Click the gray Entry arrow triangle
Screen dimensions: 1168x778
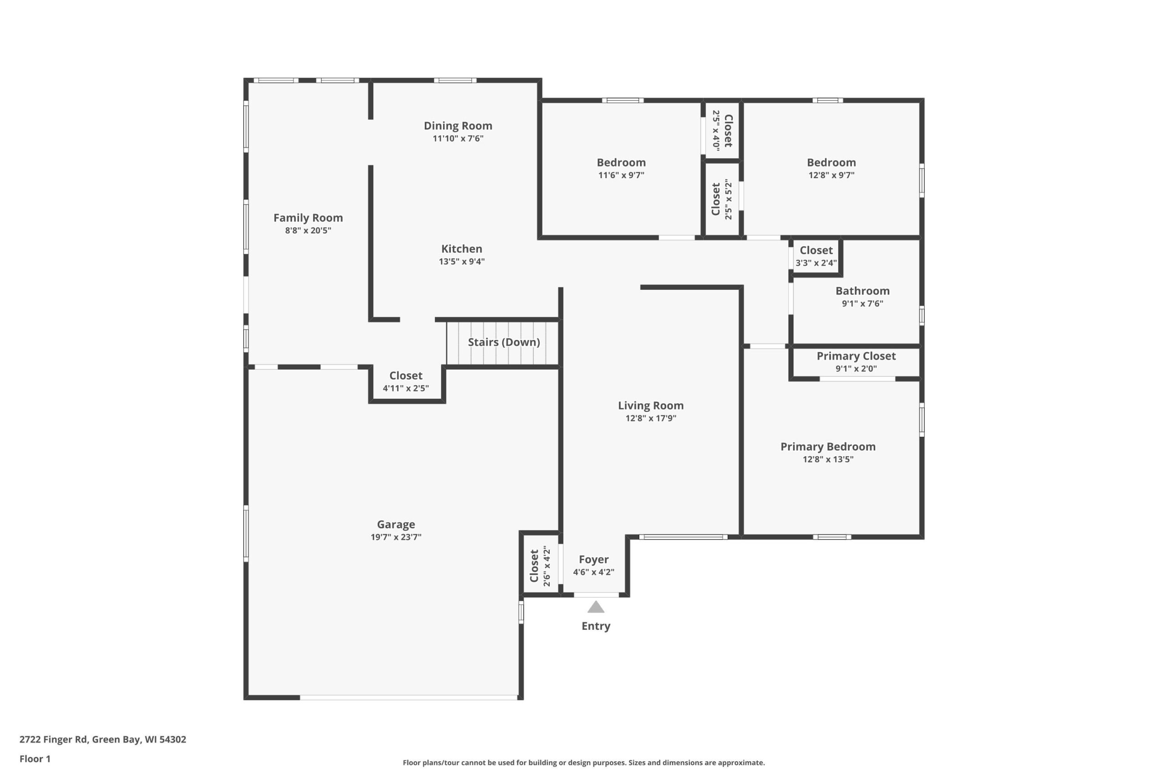pos(596,608)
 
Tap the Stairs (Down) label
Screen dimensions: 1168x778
pos(504,342)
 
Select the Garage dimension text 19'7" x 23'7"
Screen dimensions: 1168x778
pos(396,537)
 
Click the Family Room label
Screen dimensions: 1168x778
pos(308,218)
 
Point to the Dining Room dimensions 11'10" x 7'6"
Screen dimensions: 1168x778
pos(458,139)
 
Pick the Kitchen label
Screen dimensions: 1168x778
pos(462,248)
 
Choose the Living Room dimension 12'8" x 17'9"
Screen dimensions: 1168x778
pos(651,418)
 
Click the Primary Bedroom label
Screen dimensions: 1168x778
pos(828,447)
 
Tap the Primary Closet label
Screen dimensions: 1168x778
pos(856,356)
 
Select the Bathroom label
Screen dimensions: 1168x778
pos(863,291)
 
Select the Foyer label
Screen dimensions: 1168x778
pos(594,560)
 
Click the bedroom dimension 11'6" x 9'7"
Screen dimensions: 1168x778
pos(621,175)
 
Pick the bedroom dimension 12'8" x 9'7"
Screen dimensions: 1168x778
pos(831,175)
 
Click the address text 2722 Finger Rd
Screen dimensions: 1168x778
pos(54,739)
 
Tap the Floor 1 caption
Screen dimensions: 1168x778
pos(35,759)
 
